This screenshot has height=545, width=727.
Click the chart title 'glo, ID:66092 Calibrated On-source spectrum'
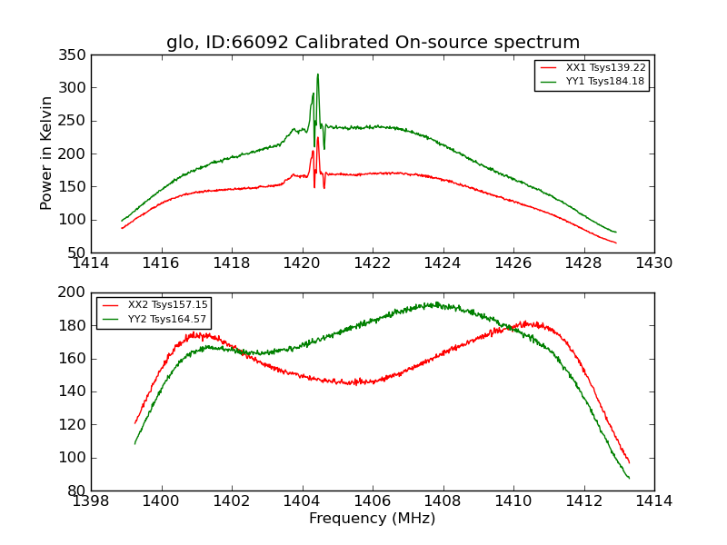373,43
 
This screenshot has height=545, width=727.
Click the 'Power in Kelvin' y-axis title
47,154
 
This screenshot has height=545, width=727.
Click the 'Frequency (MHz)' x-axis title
373,519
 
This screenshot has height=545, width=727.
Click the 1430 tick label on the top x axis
654,263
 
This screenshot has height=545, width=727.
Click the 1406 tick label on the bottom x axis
373,501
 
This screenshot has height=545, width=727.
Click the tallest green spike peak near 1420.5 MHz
317,74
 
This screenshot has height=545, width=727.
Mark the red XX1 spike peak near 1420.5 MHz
317,138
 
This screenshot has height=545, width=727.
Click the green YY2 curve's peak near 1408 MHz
436,304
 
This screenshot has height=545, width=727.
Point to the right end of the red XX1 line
616,243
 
